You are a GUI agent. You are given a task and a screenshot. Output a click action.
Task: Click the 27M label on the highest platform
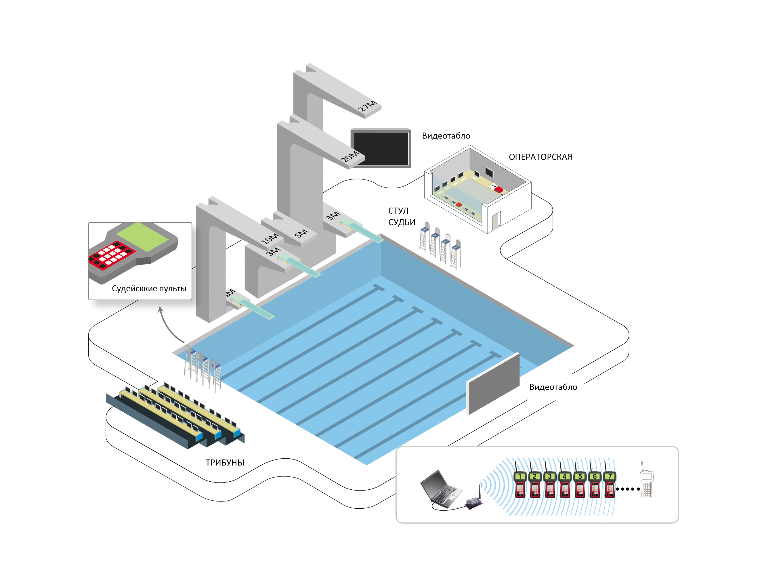367,106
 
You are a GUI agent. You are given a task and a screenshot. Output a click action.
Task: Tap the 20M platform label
349,156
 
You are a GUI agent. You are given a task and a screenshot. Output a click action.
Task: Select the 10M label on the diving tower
270,238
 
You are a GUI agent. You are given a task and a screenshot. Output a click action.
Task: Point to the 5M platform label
301,233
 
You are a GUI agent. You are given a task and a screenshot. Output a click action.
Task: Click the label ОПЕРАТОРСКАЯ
540,157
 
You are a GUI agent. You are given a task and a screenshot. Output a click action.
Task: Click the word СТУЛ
398,211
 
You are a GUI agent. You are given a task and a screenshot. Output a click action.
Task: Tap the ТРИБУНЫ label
225,463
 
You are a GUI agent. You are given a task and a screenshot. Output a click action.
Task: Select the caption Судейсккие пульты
149,288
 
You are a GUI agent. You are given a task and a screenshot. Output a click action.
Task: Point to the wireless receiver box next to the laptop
474,502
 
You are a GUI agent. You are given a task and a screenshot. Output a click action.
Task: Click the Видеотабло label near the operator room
446,136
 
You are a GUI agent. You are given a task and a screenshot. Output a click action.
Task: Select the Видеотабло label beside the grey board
553,387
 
